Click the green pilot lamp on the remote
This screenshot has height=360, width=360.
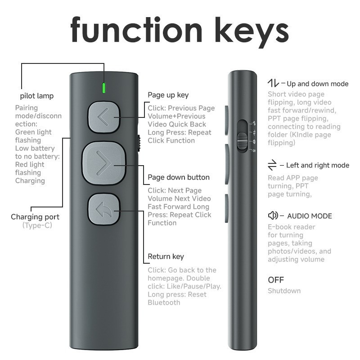point(104,88)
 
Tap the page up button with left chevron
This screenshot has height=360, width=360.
point(104,117)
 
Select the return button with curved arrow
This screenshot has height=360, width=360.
point(104,209)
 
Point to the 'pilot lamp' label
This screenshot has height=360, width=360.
point(37,96)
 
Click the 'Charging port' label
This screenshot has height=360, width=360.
point(35,217)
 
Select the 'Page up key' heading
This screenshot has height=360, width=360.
point(168,95)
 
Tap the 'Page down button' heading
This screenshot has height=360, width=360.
point(179,177)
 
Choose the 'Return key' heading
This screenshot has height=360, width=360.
point(166,256)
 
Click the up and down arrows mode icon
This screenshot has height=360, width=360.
point(273,83)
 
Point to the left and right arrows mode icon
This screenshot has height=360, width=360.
point(272,165)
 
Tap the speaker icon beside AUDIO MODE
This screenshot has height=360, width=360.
point(273,216)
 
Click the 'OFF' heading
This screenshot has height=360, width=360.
point(276,280)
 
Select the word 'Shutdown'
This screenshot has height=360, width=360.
point(284,291)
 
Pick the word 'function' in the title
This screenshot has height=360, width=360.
point(136,30)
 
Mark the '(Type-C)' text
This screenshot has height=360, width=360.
point(37,225)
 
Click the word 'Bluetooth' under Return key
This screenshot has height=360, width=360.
point(164,302)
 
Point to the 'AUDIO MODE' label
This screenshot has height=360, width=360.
point(310,216)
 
